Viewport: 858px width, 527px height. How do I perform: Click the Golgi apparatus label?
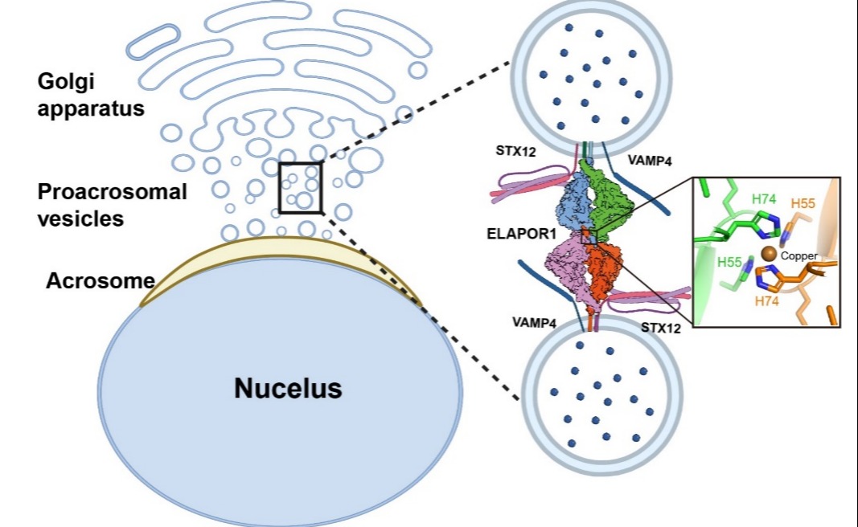tap(90, 94)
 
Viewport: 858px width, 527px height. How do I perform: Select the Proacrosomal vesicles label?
tap(112, 204)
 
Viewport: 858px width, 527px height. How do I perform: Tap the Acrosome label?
tap(100, 281)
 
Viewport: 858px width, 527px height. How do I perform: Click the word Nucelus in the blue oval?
tap(288, 389)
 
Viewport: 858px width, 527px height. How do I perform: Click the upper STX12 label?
tap(515, 149)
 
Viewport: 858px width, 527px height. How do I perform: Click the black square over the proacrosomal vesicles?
tap(301, 187)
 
